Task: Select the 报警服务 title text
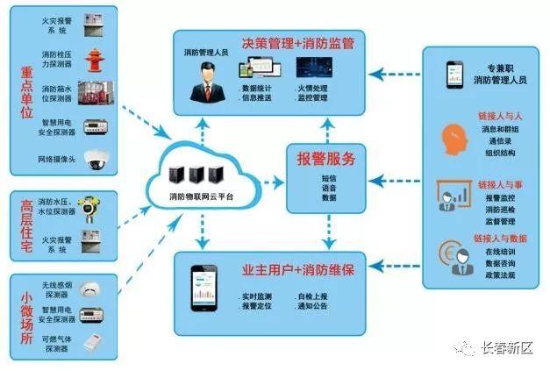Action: tap(325, 160)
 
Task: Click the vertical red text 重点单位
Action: tap(27, 87)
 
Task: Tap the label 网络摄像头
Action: tap(56, 161)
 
